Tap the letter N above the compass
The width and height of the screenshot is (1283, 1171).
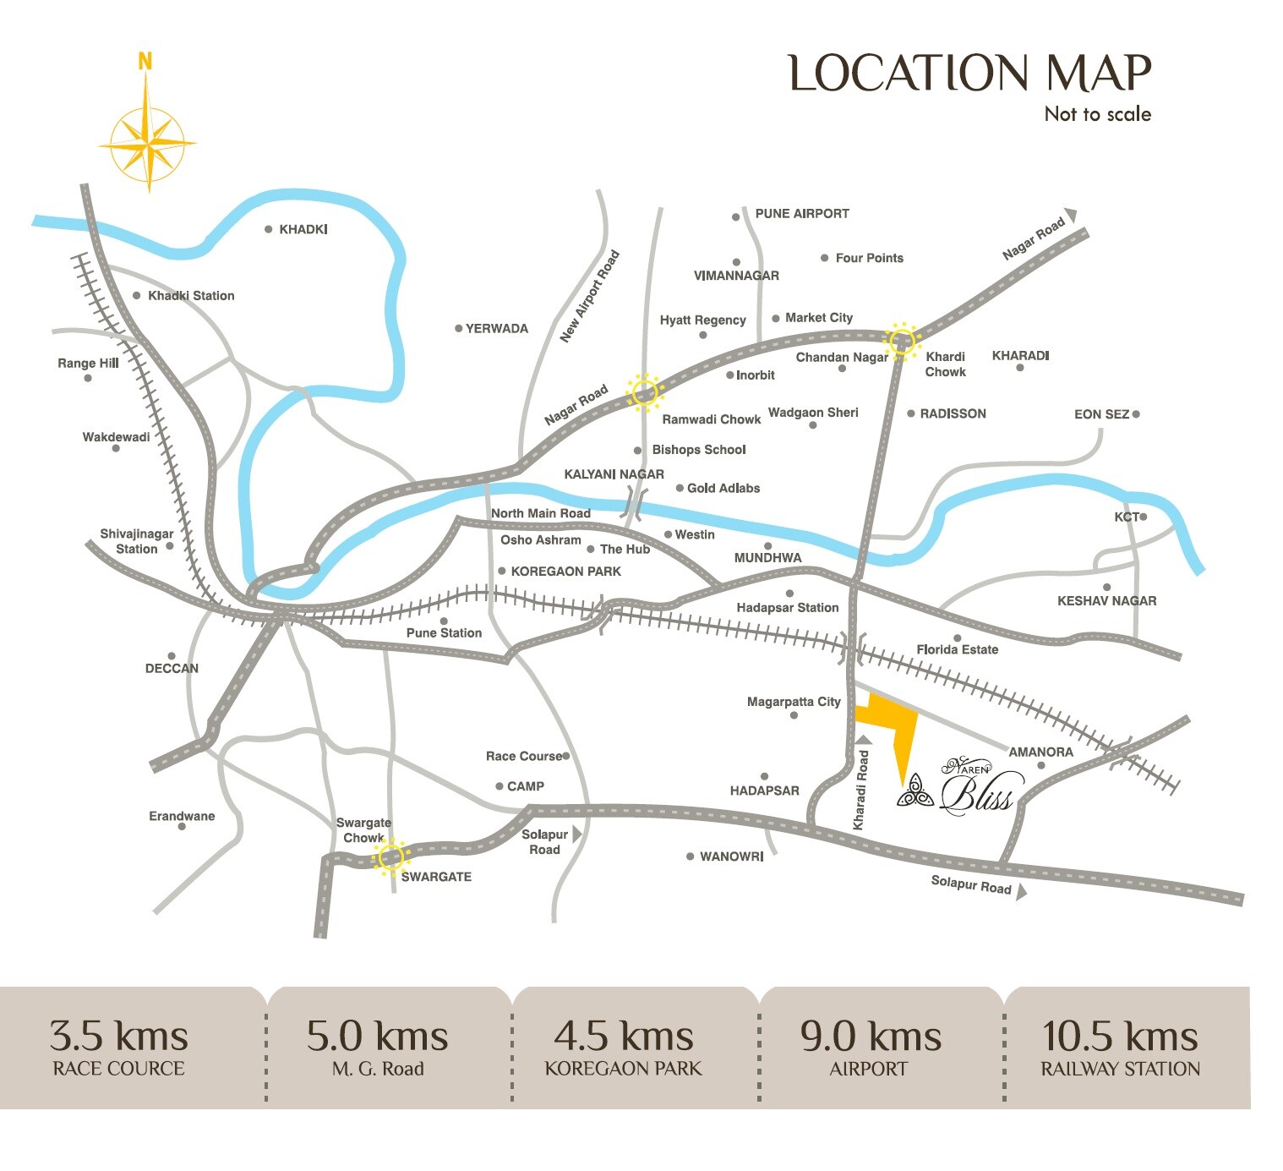point(145,62)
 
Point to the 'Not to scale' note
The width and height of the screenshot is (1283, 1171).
point(1097,114)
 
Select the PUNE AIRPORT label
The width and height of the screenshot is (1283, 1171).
point(801,214)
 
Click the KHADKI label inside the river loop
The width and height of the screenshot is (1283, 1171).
point(303,229)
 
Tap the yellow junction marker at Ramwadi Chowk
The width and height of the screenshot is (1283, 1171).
point(644,392)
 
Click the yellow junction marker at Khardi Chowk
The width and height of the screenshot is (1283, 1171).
point(902,340)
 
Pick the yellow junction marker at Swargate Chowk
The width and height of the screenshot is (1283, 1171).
point(390,857)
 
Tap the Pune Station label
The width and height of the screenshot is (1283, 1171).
point(444,632)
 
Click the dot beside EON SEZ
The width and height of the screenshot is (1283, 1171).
point(1136,414)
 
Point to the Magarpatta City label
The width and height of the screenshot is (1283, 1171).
point(794,702)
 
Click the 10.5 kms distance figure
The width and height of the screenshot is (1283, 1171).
point(1120,1037)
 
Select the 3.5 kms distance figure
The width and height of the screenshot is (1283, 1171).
point(118,1037)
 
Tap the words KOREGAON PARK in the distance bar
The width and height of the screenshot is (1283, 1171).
point(623,1069)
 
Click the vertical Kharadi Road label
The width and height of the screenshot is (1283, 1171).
point(861,790)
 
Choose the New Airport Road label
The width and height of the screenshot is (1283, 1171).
point(590,297)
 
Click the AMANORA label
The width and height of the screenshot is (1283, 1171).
point(1040,752)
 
